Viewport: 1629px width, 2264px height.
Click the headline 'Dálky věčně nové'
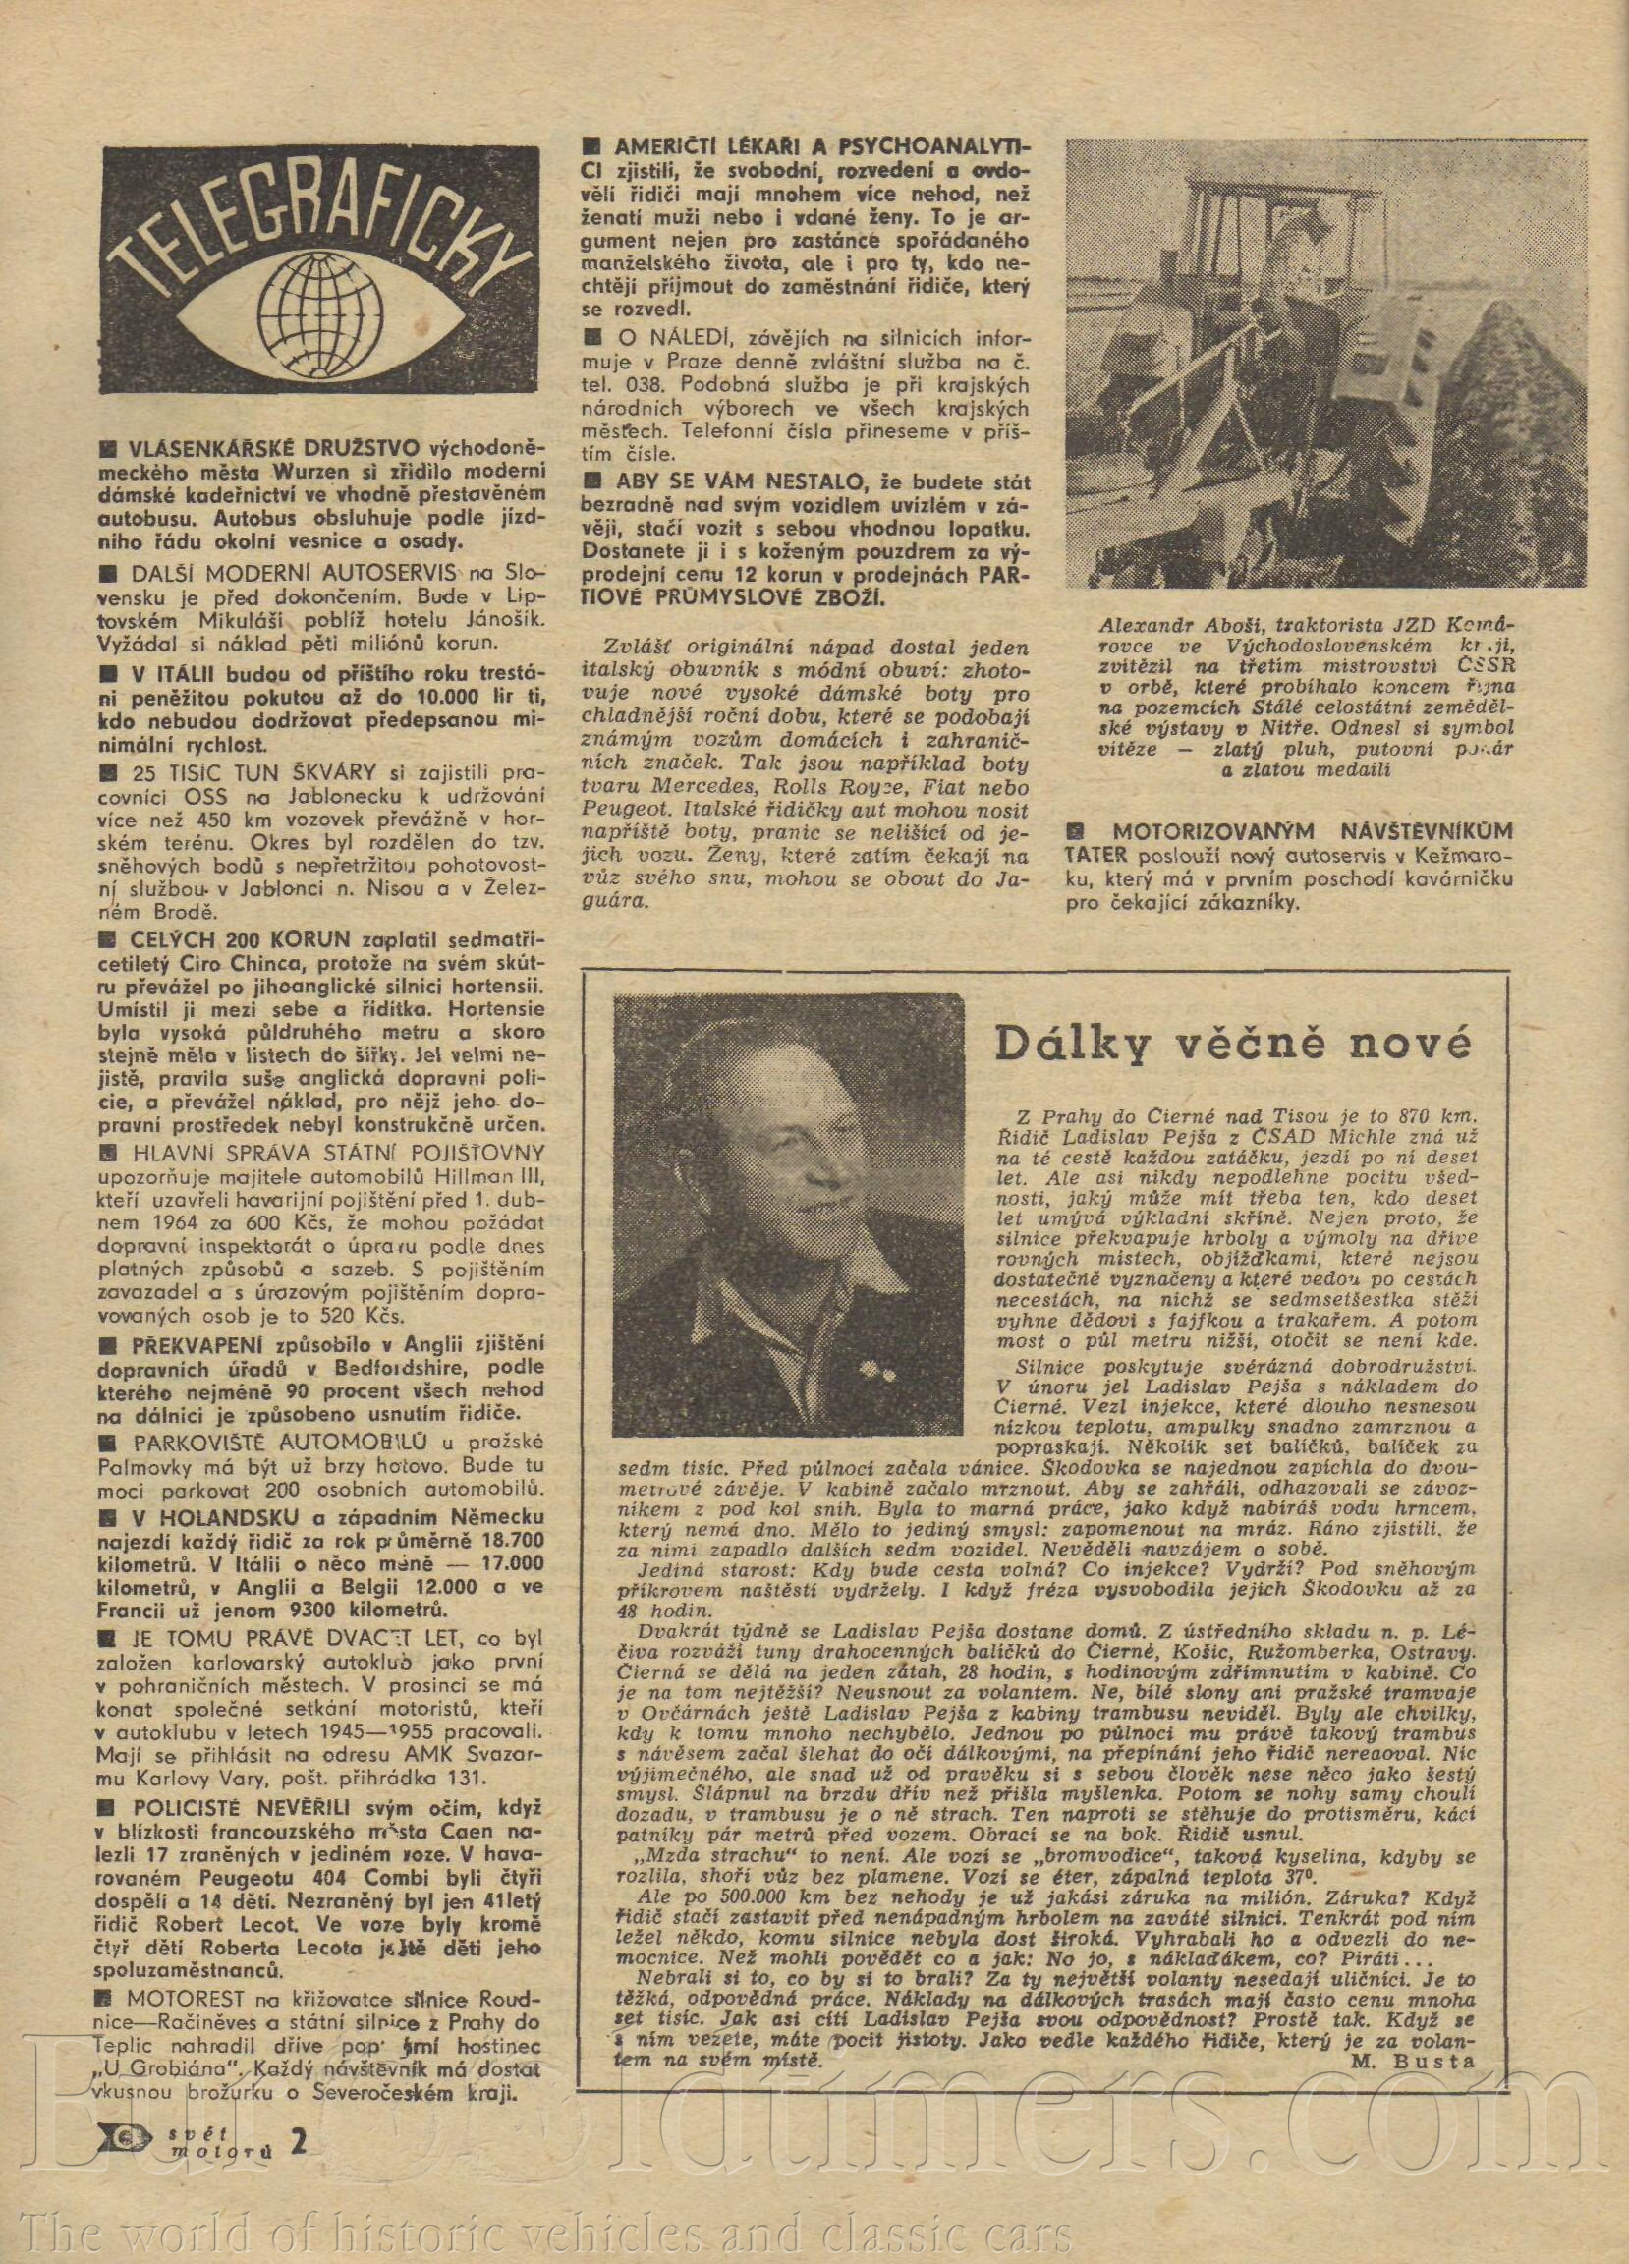[1233, 1048]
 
